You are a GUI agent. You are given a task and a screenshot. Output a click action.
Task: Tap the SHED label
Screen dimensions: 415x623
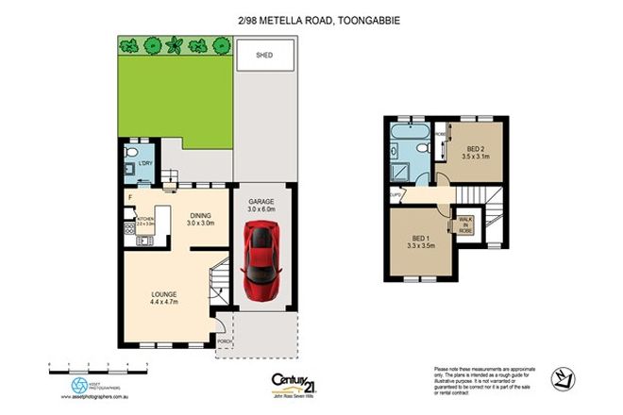[265, 56]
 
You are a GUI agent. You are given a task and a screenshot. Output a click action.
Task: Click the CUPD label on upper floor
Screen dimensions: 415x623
[394, 196]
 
